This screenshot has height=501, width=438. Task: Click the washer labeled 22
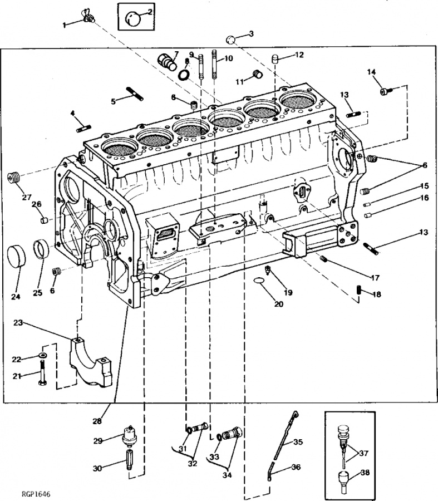pos(43,355)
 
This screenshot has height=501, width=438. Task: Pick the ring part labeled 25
pos(42,249)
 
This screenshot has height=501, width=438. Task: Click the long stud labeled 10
pos(215,64)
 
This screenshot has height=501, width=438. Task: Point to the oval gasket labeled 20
pos(260,281)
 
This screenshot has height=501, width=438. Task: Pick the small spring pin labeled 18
pos(359,291)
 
